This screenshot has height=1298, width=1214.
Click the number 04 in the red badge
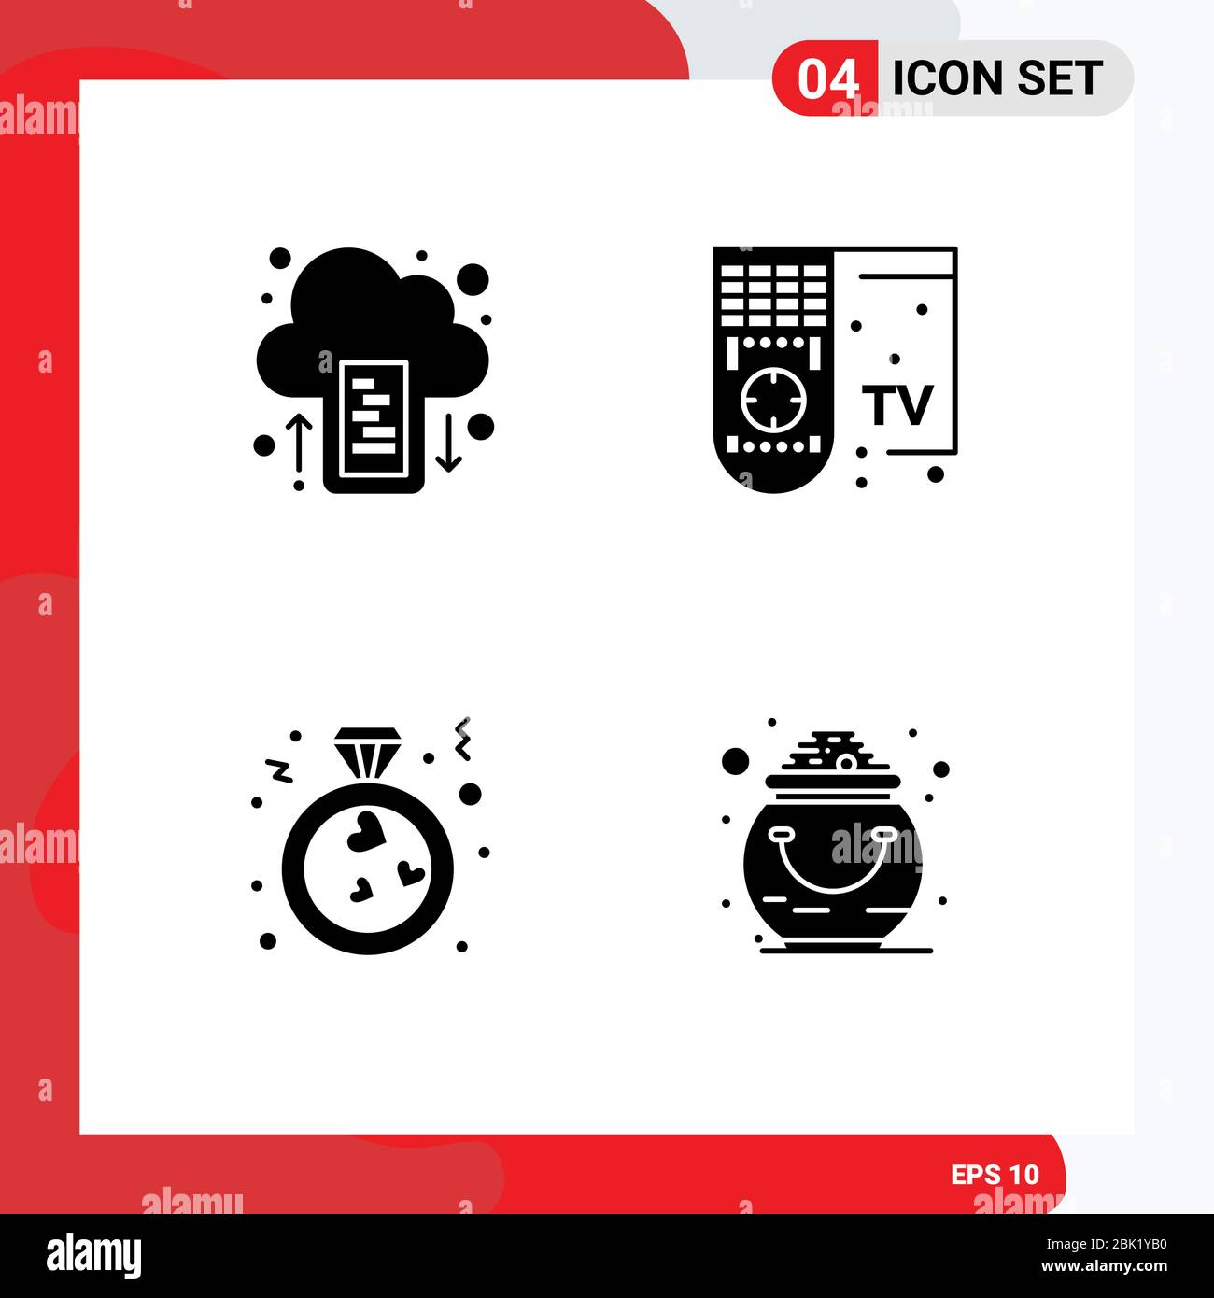(x=827, y=79)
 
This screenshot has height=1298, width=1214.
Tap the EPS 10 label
(x=995, y=1174)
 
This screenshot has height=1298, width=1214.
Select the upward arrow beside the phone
(x=299, y=443)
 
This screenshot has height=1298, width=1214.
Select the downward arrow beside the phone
(x=449, y=442)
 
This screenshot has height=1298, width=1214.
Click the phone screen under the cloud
(x=374, y=418)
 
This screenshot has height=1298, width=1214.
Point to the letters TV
(x=897, y=404)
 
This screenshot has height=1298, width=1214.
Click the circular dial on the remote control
(x=772, y=399)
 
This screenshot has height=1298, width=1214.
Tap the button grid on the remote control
(x=772, y=295)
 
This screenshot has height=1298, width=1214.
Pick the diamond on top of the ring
(x=366, y=748)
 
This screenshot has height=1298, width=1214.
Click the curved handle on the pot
(x=832, y=860)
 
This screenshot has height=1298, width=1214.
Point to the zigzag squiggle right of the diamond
(x=462, y=738)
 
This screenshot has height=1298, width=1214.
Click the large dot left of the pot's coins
(x=735, y=760)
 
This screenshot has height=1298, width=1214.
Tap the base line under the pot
(x=846, y=951)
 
